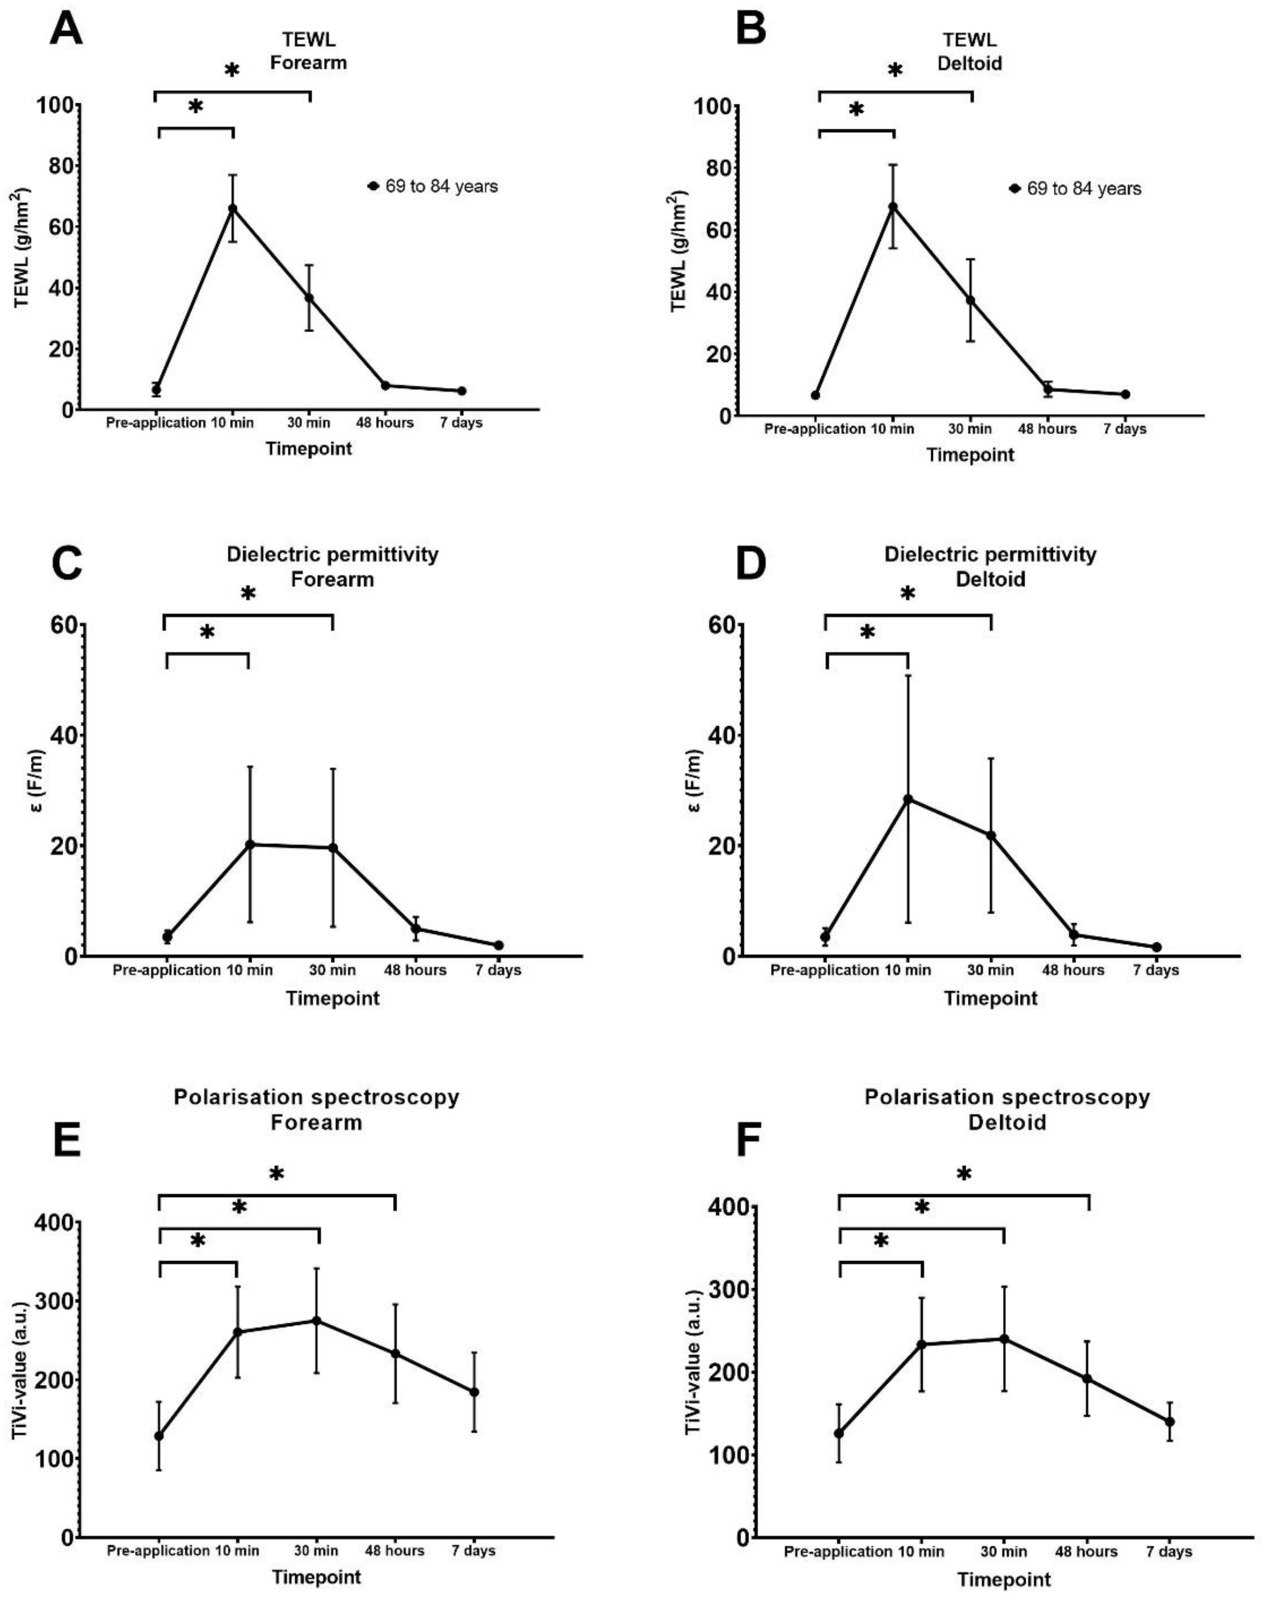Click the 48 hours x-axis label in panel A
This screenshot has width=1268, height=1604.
[x=384, y=423]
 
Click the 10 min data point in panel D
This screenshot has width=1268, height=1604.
[x=907, y=799]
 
